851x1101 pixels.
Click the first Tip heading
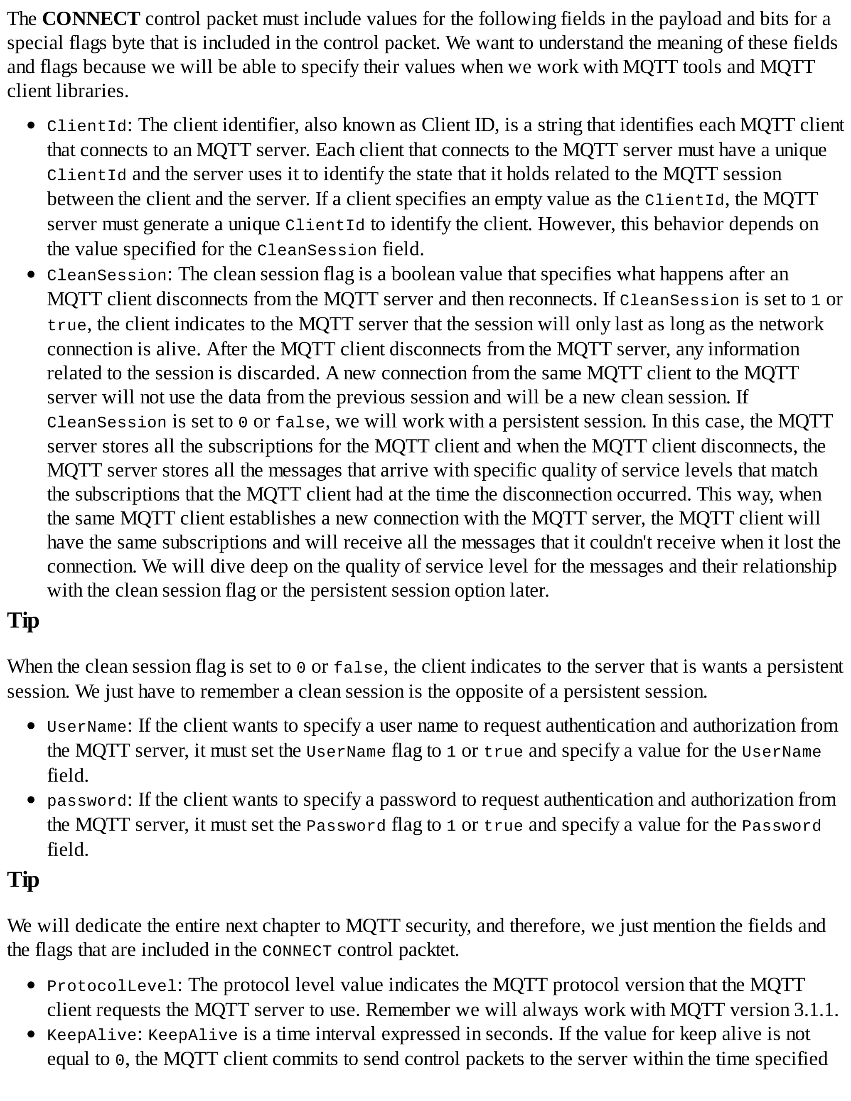coord(23,621)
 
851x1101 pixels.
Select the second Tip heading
coord(23,880)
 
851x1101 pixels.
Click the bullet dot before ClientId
coord(32,125)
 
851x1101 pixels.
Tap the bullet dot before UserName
coord(32,726)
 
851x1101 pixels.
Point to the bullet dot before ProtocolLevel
coord(32,985)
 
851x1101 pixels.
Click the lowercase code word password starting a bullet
coord(87,801)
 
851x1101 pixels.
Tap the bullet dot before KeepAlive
coord(32,1035)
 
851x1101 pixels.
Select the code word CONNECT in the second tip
coord(297,951)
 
